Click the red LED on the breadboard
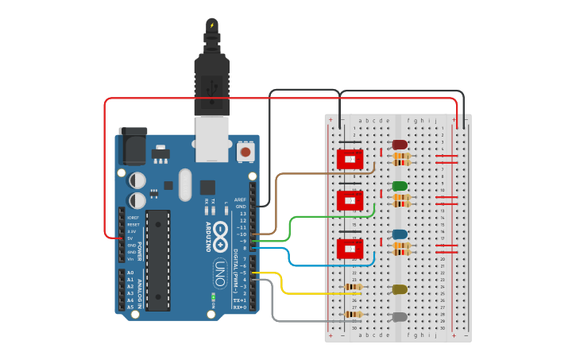point(399,145)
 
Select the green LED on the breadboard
point(400,187)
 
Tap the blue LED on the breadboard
point(400,235)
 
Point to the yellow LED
point(400,290)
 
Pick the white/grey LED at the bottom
point(400,317)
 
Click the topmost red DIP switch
point(350,159)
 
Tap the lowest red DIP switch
point(350,249)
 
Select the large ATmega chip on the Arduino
point(157,260)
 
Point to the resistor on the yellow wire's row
point(353,287)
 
